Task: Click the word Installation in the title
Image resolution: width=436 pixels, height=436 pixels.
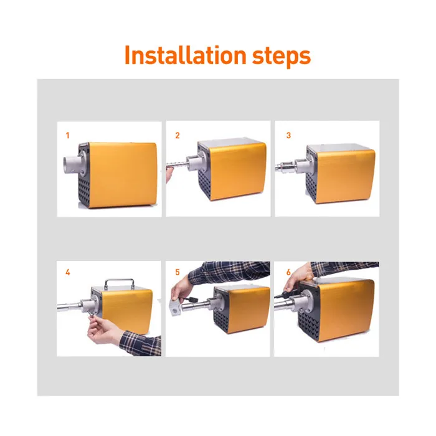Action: tap(186, 55)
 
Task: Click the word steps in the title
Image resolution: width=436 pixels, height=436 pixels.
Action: tap(281, 57)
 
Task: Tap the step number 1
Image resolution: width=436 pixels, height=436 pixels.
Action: tap(67, 135)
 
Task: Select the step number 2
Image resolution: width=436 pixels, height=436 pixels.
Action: tap(178, 135)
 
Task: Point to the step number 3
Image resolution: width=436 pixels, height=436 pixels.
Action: tap(288, 135)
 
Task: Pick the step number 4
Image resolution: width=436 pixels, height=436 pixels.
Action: tap(67, 272)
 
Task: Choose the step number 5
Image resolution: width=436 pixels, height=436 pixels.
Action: tap(178, 272)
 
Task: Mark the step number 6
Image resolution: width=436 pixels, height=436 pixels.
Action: tap(288, 272)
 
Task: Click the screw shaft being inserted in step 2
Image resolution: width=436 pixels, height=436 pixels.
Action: tap(177, 165)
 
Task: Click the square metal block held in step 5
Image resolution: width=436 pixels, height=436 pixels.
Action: tap(175, 308)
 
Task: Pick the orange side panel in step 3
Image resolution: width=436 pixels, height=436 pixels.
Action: tap(346, 176)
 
